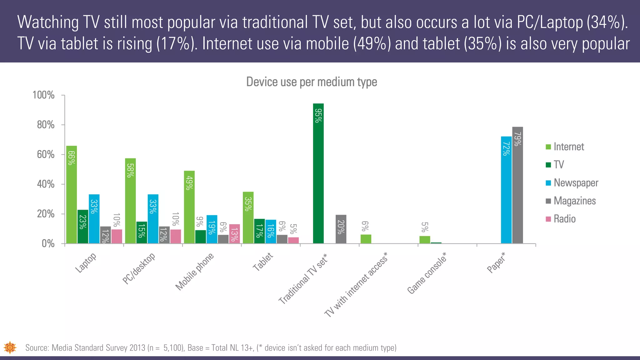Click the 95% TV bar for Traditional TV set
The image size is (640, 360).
[x=318, y=173]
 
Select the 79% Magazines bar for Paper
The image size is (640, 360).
[x=517, y=185]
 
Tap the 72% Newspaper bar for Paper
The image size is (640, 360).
[x=506, y=190]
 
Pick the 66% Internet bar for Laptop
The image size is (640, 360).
[x=72, y=194]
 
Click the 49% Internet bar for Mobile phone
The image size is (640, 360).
[x=189, y=207]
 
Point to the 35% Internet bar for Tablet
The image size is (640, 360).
[x=248, y=217]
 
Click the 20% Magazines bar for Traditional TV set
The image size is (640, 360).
[x=341, y=229]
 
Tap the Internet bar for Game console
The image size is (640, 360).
[x=425, y=240]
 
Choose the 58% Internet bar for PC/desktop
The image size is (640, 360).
[x=130, y=201]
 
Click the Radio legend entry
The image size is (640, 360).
[x=561, y=219]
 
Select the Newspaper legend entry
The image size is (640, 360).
[x=572, y=183]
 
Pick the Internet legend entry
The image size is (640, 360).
[x=565, y=147]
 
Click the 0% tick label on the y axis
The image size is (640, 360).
[x=48, y=244]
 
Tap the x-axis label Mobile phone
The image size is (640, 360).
[x=195, y=271]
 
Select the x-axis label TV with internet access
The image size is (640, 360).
[x=356, y=285]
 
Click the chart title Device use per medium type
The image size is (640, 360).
[x=312, y=82]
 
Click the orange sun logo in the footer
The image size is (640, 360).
[x=10, y=347]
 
